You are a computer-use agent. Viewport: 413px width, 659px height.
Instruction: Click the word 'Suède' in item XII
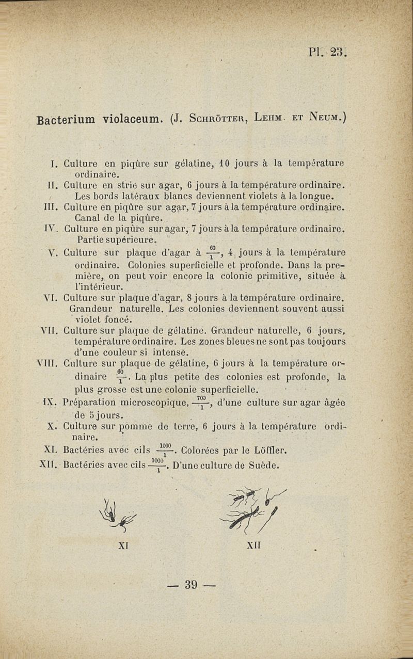[x=263, y=464]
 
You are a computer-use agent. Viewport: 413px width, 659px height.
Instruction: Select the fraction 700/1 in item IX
[x=201, y=401]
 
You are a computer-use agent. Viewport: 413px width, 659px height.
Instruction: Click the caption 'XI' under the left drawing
[x=123, y=545]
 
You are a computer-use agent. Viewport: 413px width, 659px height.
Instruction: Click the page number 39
[x=191, y=585]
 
